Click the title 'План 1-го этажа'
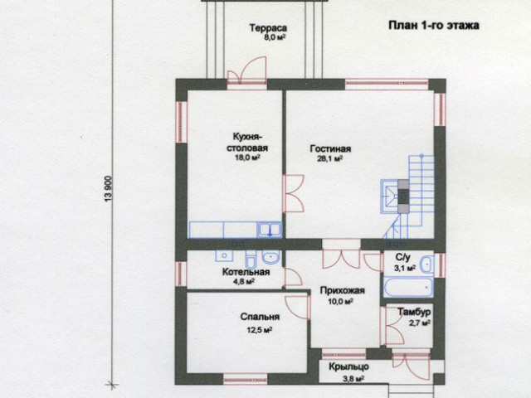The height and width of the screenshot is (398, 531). [433, 26]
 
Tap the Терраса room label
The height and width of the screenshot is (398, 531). [268, 28]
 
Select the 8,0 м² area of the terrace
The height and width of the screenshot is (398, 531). [274, 37]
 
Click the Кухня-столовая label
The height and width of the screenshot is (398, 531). [247, 143]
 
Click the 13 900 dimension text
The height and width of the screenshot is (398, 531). [109, 189]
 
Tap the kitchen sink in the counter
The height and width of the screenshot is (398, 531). [270, 231]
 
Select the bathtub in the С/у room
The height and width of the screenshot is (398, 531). [408, 288]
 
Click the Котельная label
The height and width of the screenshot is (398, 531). [246, 272]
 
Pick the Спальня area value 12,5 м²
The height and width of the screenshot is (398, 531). [260, 330]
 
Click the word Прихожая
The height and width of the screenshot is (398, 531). [343, 291]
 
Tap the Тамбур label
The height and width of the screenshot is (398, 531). [414, 312]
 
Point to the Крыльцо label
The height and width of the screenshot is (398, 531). [348, 366]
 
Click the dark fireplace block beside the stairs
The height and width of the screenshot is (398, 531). [403, 197]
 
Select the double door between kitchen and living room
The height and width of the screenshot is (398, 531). [293, 193]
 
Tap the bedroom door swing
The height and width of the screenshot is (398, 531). [297, 307]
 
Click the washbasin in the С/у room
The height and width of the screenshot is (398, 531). [426, 264]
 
